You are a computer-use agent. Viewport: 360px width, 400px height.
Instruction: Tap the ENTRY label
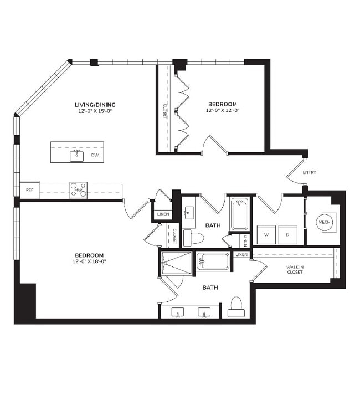coord(310,172)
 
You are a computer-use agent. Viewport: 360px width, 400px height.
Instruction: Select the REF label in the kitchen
coord(30,190)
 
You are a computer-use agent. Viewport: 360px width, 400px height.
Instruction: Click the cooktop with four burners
coord(78,187)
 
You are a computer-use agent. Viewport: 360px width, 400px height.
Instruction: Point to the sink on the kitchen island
coord(76,156)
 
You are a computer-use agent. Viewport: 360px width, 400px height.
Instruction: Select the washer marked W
coord(266,234)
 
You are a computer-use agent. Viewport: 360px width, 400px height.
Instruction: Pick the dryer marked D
coord(287,234)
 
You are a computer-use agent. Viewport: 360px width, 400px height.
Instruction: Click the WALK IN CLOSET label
coord(294,269)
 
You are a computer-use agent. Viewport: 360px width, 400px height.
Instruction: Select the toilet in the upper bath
coord(192,238)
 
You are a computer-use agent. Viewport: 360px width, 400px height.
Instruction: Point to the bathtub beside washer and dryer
coord(240,214)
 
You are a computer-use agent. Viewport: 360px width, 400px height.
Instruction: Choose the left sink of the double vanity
coord(177,314)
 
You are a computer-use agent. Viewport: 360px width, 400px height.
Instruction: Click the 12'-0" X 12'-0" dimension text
coord(222,110)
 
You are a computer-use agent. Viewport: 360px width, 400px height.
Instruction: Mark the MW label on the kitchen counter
coord(78,193)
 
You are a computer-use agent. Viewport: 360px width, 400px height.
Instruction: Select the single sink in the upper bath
coord(190,212)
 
